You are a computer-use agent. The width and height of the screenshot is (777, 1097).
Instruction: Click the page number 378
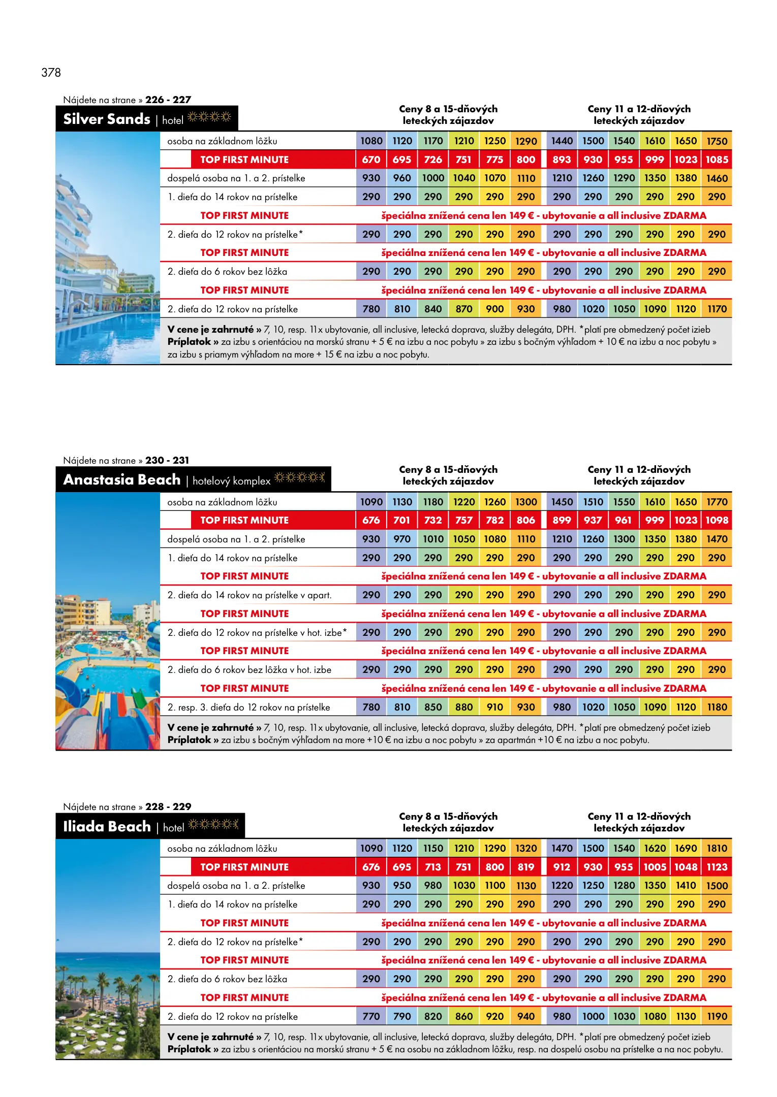pos(51,73)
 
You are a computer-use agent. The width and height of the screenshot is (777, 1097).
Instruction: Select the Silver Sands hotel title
pos(107,119)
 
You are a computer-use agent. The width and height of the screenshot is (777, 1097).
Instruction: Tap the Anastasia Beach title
pos(122,479)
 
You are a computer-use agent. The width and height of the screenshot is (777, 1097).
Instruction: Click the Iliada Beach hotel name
pos(107,826)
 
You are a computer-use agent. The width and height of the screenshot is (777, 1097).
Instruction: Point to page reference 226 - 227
pos(168,100)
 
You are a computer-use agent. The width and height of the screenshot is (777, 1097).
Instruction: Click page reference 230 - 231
pos(167,460)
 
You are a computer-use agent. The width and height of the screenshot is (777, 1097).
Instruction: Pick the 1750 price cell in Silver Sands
pos(717,141)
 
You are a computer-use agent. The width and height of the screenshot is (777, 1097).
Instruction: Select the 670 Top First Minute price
pos(371,159)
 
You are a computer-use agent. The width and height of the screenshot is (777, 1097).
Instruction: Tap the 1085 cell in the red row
pos(717,159)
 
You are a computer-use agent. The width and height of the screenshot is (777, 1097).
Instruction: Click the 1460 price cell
pos(717,178)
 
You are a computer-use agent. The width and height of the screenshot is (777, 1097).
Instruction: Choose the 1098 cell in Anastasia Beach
pos(717,520)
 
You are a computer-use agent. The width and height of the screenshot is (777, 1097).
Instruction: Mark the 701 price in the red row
pos(401,520)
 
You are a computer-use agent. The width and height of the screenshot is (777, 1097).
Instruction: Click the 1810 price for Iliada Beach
pos(717,848)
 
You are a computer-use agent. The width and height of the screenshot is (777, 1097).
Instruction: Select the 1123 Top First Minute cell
pos(717,867)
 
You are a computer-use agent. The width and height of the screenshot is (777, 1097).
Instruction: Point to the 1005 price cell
pos(655,867)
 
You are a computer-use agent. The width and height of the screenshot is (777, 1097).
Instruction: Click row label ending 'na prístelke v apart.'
pos(250,595)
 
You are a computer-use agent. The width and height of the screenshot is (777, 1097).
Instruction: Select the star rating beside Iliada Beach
pos(213,824)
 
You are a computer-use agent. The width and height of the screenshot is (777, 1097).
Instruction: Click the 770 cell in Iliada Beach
pos(371,1016)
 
